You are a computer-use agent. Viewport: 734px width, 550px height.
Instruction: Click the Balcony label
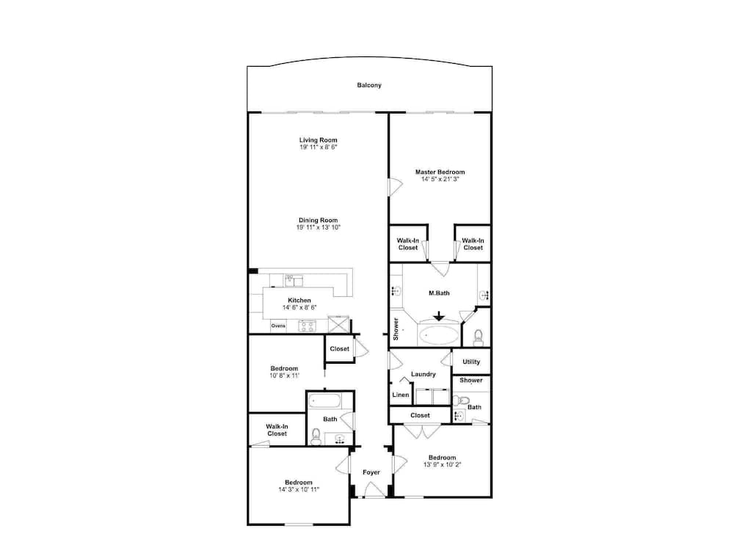369,85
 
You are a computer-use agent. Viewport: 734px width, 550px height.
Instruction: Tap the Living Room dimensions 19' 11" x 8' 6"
319,147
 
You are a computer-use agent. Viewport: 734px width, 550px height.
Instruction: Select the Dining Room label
319,220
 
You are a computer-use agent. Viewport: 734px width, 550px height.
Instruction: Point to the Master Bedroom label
440,172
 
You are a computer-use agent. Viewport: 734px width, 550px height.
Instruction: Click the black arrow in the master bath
439,316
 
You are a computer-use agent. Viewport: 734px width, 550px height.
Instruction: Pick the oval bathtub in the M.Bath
439,335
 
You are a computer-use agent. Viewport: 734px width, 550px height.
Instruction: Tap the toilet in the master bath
478,337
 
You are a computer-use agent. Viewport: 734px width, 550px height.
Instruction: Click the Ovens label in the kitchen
278,326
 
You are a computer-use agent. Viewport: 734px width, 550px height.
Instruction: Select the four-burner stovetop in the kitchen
307,326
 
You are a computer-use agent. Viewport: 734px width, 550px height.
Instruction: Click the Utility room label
471,362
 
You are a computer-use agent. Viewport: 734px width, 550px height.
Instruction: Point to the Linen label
400,395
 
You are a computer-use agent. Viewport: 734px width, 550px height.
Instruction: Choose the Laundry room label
424,374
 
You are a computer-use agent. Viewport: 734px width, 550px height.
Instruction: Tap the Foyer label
371,472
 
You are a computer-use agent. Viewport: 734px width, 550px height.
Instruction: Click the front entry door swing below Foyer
374,489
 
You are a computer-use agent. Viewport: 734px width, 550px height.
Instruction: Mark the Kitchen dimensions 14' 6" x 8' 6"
299,308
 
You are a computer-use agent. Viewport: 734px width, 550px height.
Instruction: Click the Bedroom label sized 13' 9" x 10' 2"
443,458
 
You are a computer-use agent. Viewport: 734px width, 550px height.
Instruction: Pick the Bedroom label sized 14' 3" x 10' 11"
299,483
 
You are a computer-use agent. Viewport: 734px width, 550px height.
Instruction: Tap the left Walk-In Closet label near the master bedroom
407,243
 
